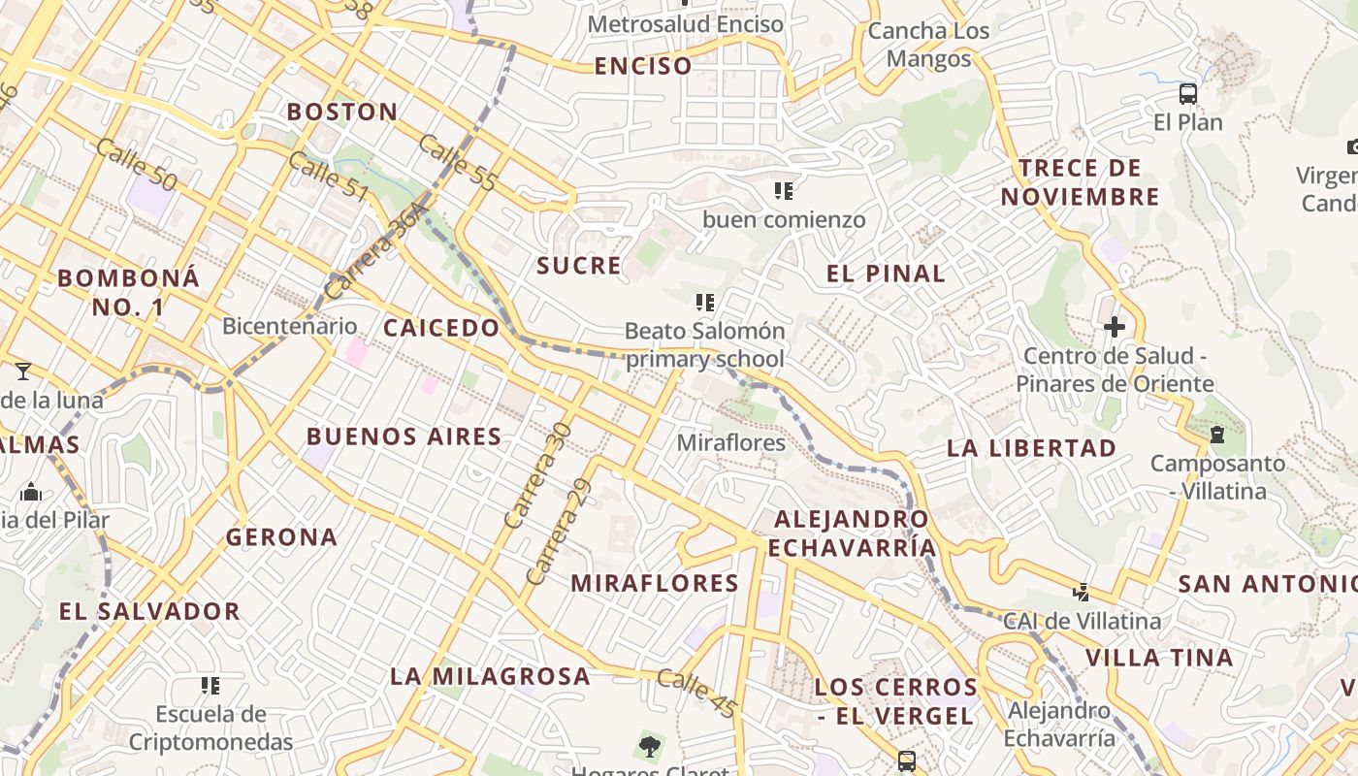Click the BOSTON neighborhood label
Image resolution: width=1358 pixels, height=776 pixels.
342,112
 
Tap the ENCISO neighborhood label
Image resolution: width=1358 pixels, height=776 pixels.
643,66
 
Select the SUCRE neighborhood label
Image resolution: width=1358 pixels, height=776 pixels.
579,266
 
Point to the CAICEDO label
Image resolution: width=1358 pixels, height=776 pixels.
441,328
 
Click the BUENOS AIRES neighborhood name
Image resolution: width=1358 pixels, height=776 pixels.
404,436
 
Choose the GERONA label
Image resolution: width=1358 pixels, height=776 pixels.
282,536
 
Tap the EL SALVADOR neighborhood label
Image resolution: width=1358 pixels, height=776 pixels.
149,611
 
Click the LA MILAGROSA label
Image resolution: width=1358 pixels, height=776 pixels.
490,676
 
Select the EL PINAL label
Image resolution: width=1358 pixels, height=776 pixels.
886,274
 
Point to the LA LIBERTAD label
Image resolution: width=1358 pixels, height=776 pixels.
1032,448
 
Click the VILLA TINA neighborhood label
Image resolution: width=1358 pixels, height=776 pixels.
1159,658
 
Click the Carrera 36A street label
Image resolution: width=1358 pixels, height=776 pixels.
376,250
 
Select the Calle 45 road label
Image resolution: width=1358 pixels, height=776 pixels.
696,693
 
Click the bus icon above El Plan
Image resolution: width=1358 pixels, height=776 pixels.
1188,94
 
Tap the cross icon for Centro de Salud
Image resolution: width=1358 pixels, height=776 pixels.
1115,327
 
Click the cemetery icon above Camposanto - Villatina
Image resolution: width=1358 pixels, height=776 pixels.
1217,434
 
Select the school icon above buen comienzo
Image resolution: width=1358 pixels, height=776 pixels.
784,190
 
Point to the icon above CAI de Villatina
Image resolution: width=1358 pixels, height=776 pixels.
1082,591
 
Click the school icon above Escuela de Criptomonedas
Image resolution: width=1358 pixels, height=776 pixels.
210,686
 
